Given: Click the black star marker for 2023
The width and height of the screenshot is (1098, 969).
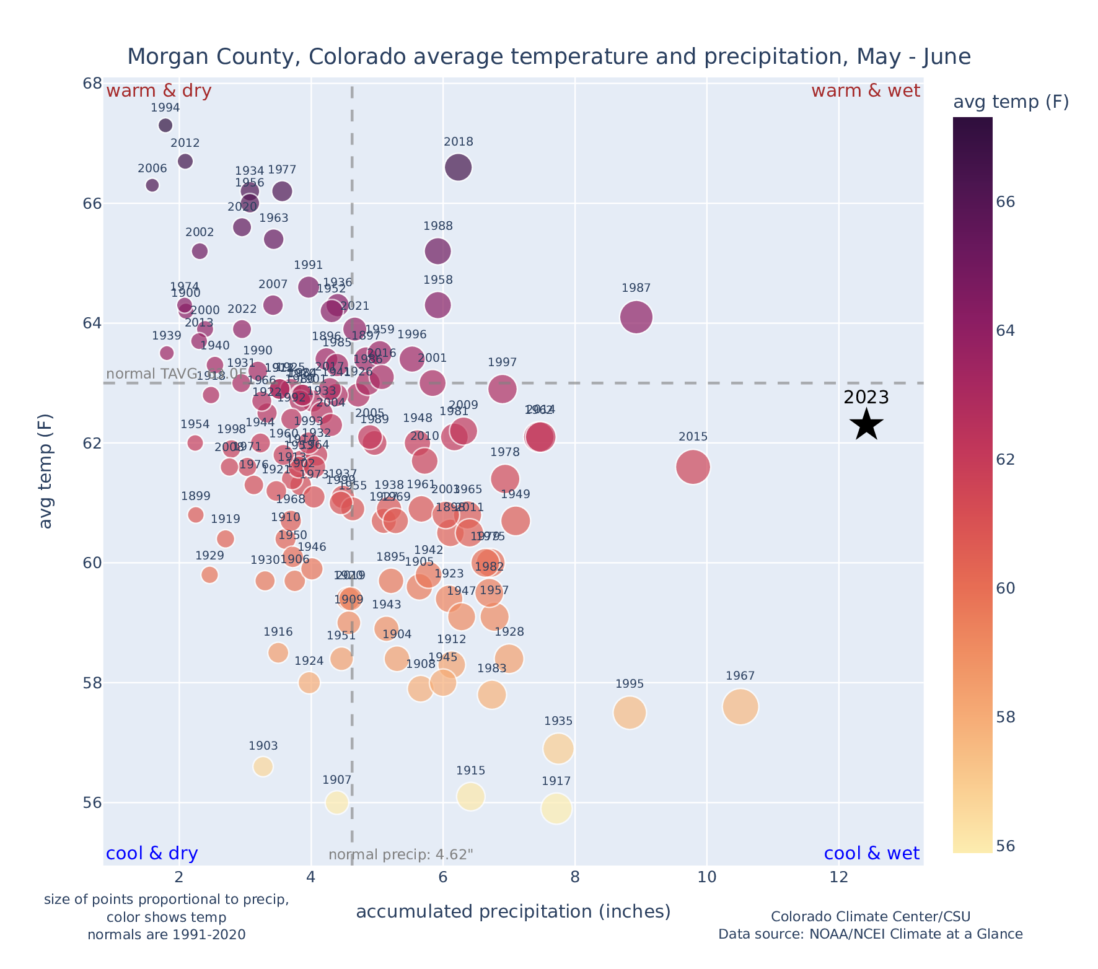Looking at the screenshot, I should pyautogui.click(x=866, y=424).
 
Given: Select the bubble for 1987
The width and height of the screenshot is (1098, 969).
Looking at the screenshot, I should pyautogui.click(x=636, y=317).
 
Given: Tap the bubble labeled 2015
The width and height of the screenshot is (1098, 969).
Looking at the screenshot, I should pyautogui.click(x=693, y=467).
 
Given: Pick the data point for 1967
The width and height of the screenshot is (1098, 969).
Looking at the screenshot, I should pyautogui.click(x=740, y=706).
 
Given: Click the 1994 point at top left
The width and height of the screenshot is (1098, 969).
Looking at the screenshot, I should pyautogui.click(x=165, y=125).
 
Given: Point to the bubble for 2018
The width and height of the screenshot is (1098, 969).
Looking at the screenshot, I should pyautogui.click(x=458, y=167).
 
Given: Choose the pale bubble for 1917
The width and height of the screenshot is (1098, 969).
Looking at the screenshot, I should pyautogui.click(x=556, y=808).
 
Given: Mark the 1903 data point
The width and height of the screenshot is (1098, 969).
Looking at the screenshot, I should pyautogui.click(x=263, y=766).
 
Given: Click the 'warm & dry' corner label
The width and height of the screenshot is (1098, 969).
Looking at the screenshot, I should pyautogui.click(x=159, y=91).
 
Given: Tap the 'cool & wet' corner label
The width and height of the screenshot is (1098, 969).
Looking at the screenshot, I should pyautogui.click(x=871, y=854).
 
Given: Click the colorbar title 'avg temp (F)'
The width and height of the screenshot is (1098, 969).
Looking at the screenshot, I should pyautogui.click(x=1011, y=102).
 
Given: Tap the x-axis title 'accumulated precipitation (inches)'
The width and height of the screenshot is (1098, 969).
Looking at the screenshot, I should pyautogui.click(x=513, y=911).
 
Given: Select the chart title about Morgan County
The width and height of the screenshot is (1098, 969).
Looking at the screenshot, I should pyautogui.click(x=548, y=57).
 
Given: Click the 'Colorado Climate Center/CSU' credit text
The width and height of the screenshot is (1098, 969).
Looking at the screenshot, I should pyautogui.click(x=870, y=916).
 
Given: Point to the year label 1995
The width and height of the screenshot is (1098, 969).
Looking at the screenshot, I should pyautogui.click(x=630, y=684).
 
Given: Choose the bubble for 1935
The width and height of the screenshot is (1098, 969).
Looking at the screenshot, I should pyautogui.click(x=558, y=748).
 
